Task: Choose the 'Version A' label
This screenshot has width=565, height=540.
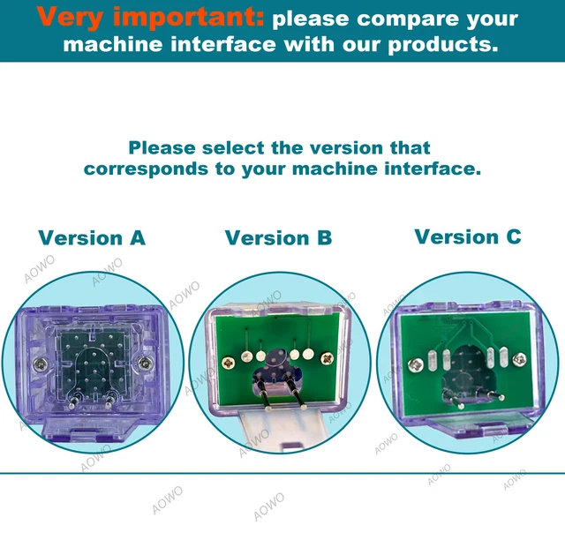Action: pos(92,237)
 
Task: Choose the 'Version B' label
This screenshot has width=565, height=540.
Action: pos(278,237)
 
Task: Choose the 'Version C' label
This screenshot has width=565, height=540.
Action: pos(468,236)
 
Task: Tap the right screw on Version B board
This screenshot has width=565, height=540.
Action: pos(328,357)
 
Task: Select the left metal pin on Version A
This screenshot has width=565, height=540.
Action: pos(76,400)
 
